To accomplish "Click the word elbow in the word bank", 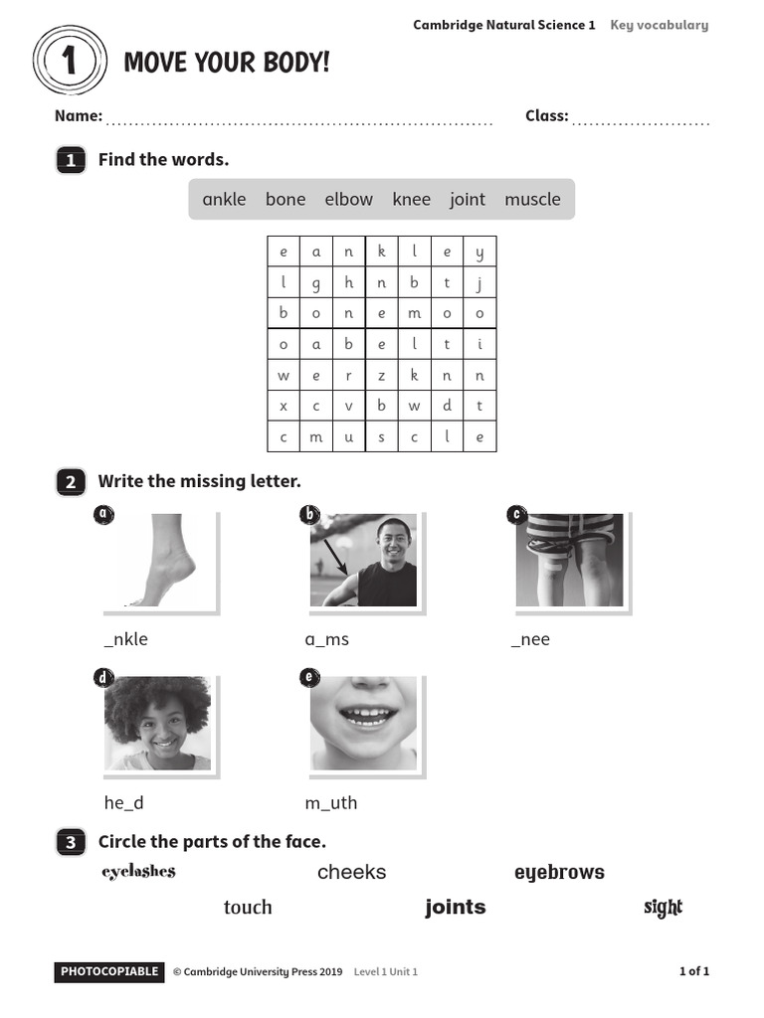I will coord(348,199).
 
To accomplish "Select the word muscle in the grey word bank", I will coord(532,199).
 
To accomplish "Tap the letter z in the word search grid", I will coord(381,376).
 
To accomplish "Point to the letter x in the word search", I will coord(284,406).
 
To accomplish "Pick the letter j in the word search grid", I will coord(479,283).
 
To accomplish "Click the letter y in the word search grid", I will coord(479,253).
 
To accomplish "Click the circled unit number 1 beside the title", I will coord(69,62).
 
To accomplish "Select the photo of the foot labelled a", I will coord(159,561).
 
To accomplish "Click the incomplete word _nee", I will coord(530,639).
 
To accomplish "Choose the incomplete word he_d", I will coord(130,802).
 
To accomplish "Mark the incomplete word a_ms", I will coord(326,639).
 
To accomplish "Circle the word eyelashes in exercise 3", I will coord(138,872).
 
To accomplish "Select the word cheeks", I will coord(351,872).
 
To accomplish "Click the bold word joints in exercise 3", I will coord(456,907).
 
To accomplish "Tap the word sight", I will coord(663,907).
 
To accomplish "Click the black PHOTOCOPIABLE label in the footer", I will coord(108,971).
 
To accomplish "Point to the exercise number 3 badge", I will coord(70,843).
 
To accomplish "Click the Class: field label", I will coord(546,115).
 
